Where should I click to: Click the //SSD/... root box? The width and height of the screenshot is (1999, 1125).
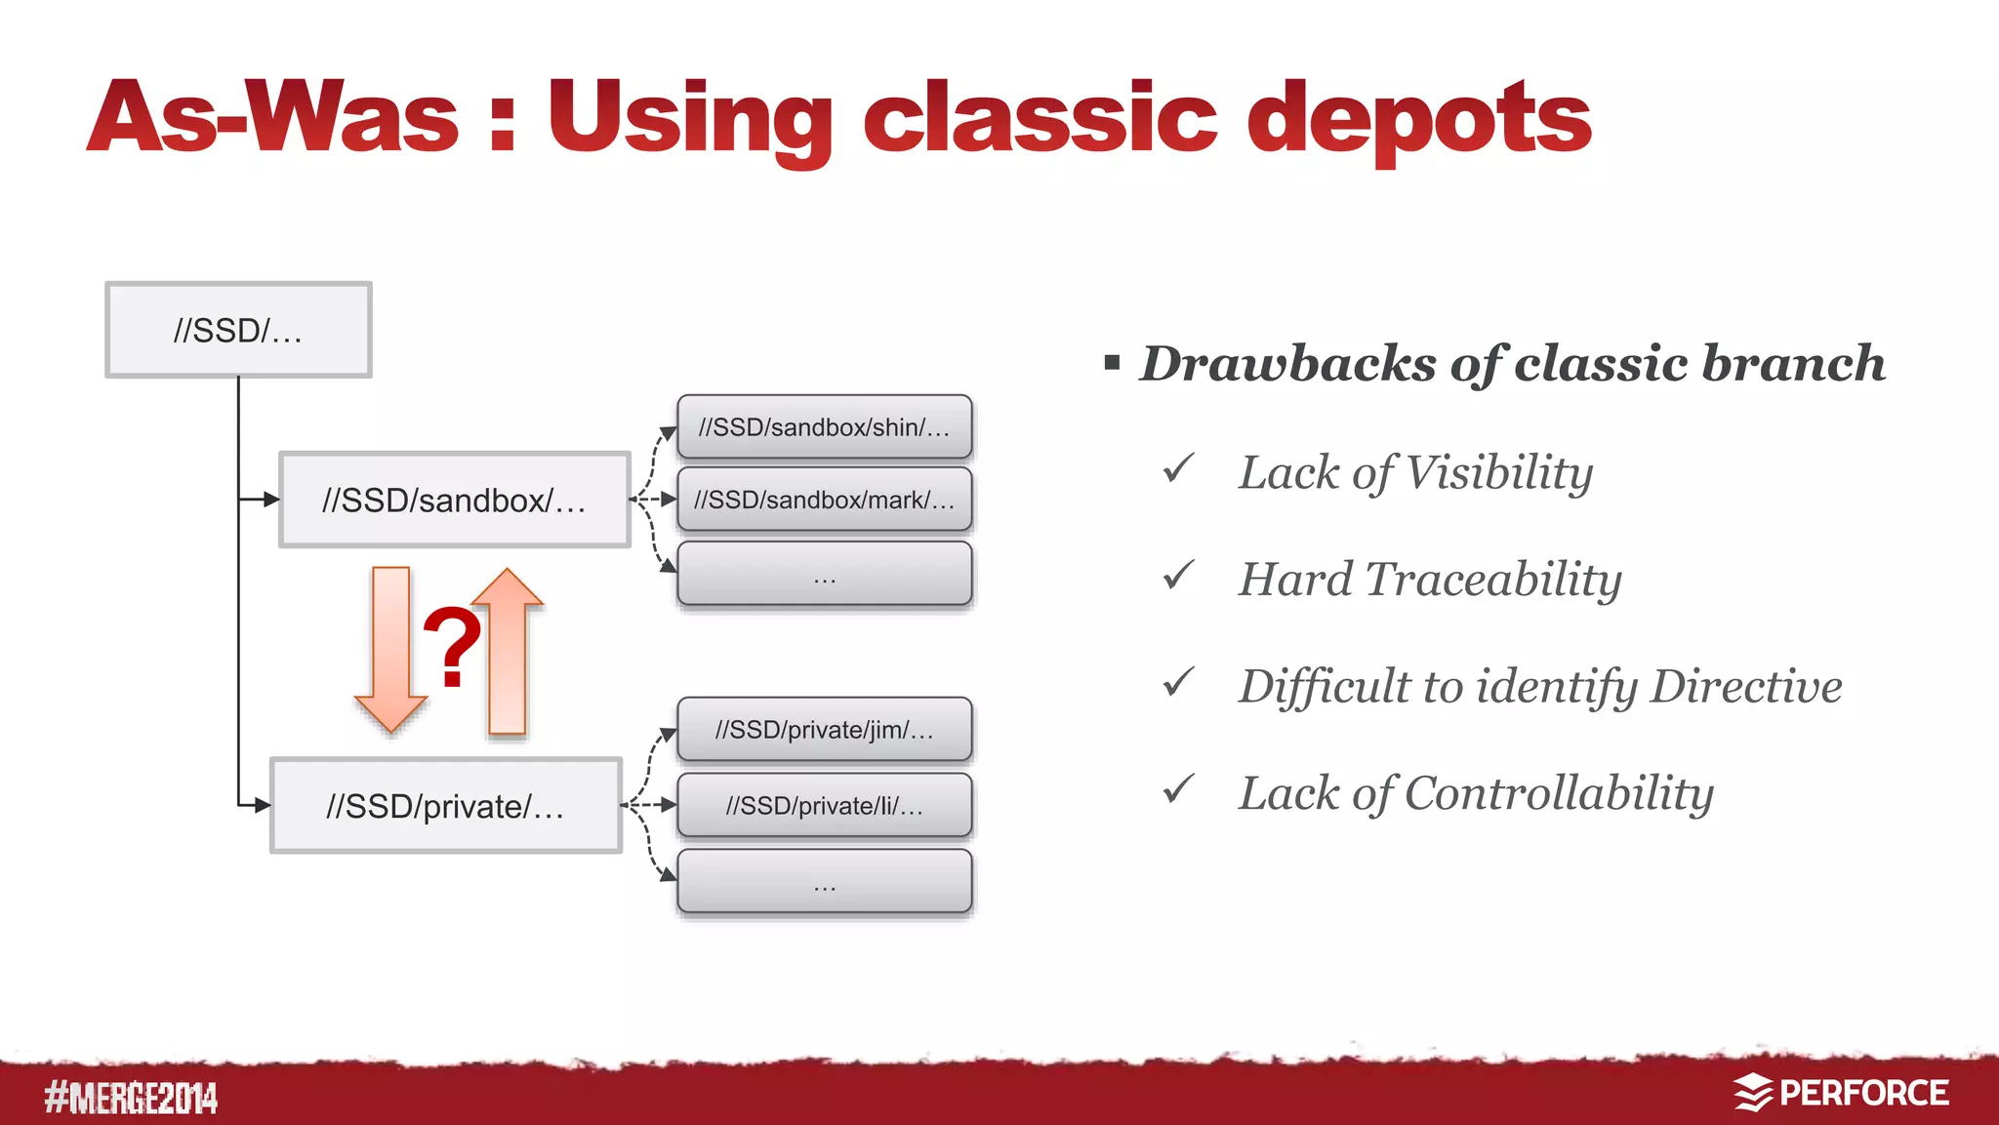(238, 330)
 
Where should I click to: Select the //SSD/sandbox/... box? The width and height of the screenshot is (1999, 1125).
(454, 500)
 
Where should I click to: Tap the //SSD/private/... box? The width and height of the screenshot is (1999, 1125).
(445, 806)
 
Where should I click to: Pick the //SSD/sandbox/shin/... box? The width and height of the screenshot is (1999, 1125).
(824, 426)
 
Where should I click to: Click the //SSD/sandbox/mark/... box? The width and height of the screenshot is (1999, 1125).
(824, 500)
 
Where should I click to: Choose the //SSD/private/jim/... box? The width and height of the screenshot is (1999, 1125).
(824, 729)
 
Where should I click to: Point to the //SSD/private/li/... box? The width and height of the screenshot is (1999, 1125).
(824, 805)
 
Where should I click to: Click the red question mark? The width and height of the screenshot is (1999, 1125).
(452, 646)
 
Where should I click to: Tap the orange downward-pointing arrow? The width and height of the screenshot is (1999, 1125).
(390, 649)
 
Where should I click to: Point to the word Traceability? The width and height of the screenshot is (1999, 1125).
(1493, 580)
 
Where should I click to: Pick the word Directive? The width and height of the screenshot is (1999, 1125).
(1746, 686)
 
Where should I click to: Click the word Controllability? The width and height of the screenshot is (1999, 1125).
(1559, 793)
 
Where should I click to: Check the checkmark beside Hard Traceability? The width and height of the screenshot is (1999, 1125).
(1179, 576)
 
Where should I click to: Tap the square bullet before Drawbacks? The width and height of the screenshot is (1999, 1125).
(1112, 364)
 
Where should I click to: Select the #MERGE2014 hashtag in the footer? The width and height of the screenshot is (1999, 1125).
(131, 1098)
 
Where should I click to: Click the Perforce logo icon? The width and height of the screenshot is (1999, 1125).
(1753, 1093)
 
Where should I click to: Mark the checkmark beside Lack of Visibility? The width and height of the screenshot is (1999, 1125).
(1179, 468)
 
